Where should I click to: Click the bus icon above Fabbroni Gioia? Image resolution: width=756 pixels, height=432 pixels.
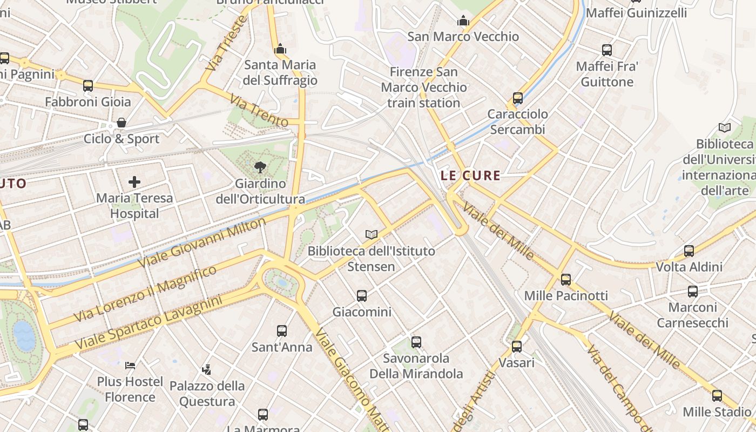[x=88, y=85]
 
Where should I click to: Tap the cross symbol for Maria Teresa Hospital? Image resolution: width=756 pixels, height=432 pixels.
[x=134, y=182]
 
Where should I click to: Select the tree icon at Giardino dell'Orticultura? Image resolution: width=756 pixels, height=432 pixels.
[x=260, y=167]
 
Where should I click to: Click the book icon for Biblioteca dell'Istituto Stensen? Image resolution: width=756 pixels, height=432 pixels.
[x=371, y=234]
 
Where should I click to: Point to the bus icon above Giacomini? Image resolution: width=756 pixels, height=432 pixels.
[x=362, y=295]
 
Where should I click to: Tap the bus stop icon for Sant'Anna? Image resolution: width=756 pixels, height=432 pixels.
[x=282, y=330]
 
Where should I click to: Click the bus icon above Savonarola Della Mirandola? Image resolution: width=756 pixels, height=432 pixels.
[x=416, y=342]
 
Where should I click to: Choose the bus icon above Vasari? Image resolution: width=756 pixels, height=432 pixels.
[x=517, y=346]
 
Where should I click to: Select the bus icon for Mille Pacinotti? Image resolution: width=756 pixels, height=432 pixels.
[x=566, y=279]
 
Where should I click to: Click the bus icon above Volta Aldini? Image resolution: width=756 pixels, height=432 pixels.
[x=689, y=251]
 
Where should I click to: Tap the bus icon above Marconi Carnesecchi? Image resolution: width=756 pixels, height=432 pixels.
[x=693, y=292]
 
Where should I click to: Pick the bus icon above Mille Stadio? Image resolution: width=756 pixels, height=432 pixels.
[x=717, y=396]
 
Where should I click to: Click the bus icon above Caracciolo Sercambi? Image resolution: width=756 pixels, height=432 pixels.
[x=518, y=98]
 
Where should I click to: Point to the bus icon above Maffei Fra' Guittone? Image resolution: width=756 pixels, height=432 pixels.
[x=607, y=50]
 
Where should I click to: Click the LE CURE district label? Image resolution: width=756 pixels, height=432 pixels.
[x=470, y=175]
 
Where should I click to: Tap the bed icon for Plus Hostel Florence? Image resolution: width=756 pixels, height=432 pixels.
[x=130, y=366]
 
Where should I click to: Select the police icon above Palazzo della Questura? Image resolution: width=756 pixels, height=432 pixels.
[x=206, y=370]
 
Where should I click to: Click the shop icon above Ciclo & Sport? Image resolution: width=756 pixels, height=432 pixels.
[x=122, y=123]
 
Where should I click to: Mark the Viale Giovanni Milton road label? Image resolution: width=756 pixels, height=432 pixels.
[x=202, y=242]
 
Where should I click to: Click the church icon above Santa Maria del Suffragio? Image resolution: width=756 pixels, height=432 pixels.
[x=280, y=49]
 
